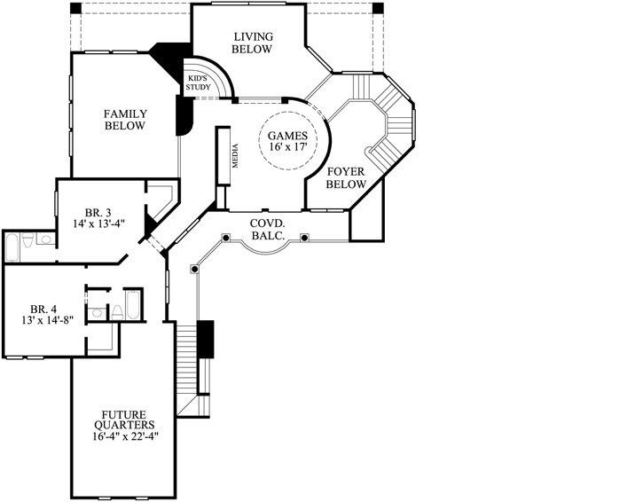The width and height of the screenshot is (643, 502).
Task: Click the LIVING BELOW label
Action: [252, 43]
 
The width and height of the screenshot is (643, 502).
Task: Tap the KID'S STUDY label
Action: [197, 83]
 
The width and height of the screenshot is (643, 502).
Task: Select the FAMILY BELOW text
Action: [124, 120]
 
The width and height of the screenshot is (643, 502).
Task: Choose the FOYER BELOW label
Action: [346, 177]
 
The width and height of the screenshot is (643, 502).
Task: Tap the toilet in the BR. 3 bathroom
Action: [28, 241]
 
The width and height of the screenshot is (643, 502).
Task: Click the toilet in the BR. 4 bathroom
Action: [116, 310]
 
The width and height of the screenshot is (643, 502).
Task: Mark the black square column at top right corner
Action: [378, 8]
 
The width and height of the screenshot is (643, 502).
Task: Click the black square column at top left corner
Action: [75, 8]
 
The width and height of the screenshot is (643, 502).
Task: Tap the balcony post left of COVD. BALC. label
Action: [226, 238]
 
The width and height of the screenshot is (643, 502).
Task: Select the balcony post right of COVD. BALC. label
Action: [304, 238]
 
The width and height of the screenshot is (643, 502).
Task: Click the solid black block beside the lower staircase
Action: [205, 338]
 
